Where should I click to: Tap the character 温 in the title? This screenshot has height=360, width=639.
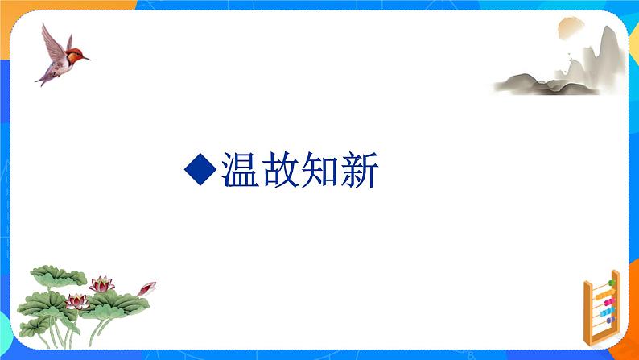(x=241, y=170)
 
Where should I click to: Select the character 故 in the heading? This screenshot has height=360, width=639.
(x=286, y=170)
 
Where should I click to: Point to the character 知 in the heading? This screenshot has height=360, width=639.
(x=330, y=170)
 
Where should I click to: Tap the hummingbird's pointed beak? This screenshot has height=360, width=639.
(x=85, y=58)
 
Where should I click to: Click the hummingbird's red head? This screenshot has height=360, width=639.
(x=74, y=54)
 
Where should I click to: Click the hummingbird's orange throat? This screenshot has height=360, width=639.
(x=71, y=60)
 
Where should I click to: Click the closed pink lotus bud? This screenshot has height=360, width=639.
(x=146, y=287)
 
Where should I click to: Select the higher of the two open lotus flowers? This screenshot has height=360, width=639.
(x=101, y=283)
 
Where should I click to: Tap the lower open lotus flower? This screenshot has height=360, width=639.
(x=76, y=301)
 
